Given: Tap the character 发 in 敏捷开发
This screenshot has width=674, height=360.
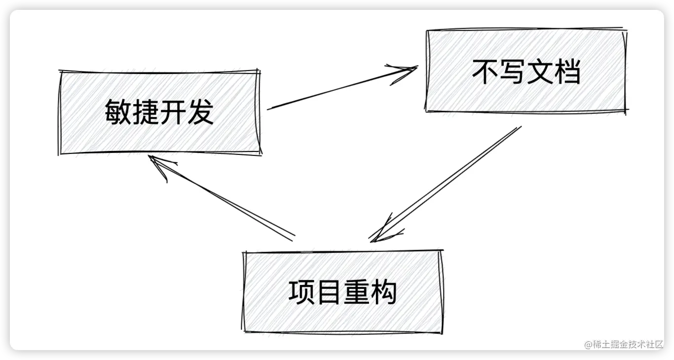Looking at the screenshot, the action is [x=200, y=112].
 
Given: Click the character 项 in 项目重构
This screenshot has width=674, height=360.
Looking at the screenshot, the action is [x=301, y=292].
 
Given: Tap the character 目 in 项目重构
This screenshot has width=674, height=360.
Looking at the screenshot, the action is [x=329, y=292].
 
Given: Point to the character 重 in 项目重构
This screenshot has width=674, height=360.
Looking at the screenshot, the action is [x=356, y=292].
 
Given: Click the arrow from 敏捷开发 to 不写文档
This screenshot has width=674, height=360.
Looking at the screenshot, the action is [x=340, y=88].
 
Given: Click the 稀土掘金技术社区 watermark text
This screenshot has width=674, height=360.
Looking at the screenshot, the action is [x=624, y=344].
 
